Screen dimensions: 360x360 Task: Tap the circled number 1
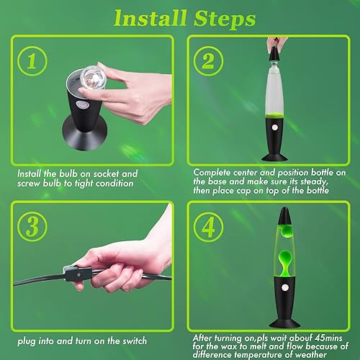tap(31, 61)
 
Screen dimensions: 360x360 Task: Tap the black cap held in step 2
tap(276, 45)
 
